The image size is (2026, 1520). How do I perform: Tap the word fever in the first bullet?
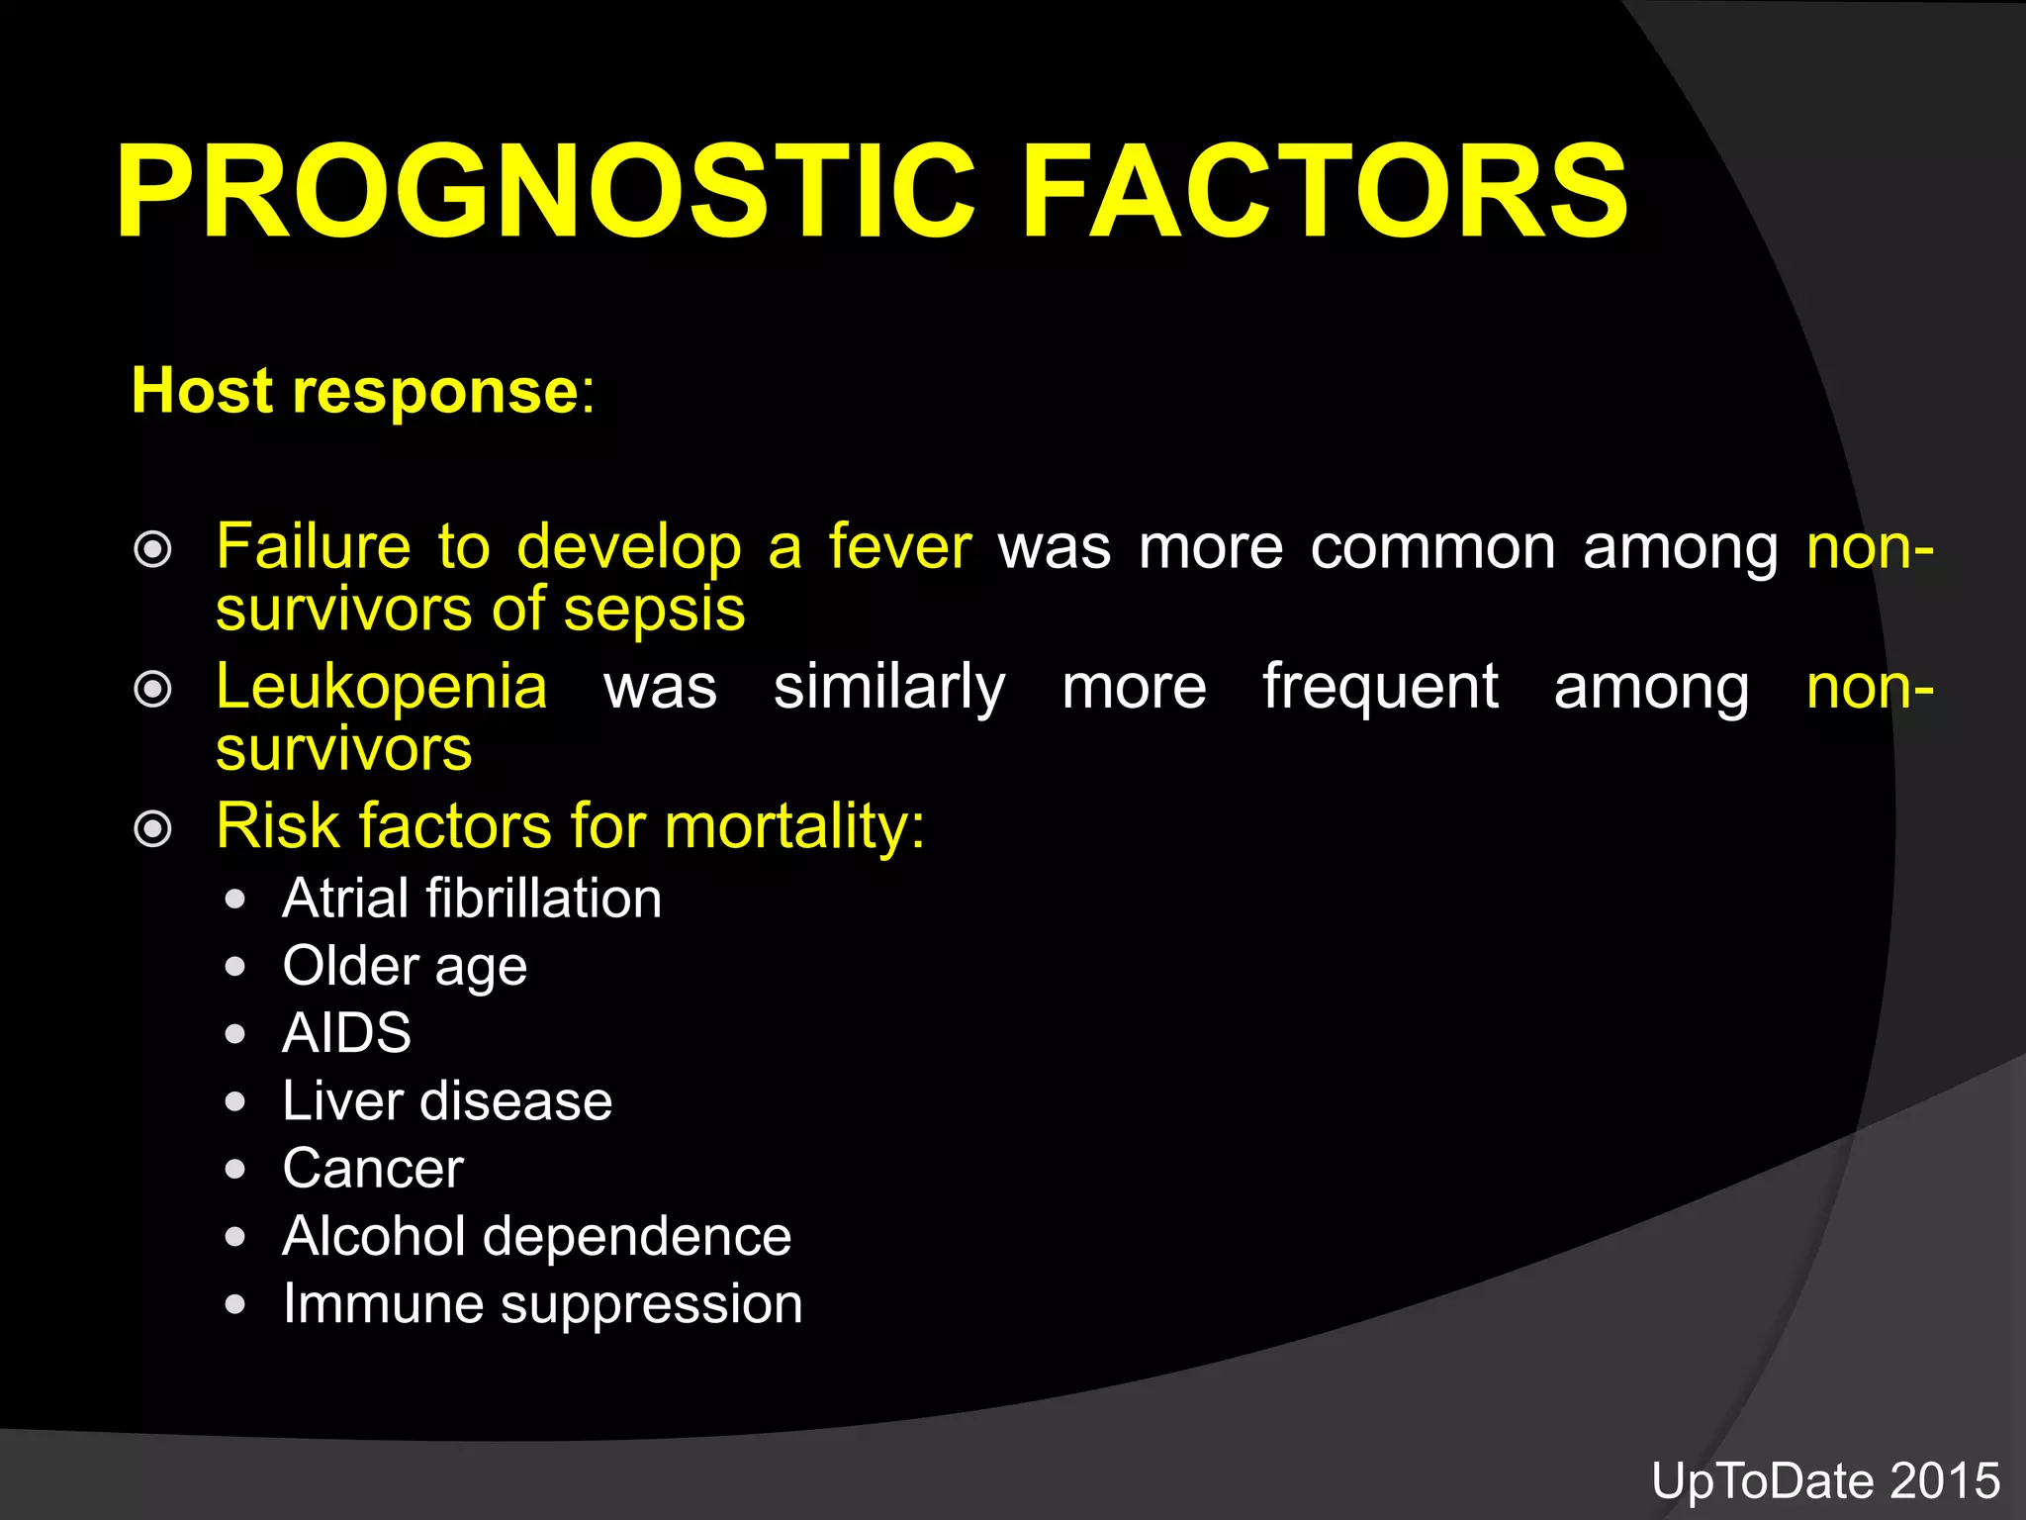pyautogui.click(x=900, y=546)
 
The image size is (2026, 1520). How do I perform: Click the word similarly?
pyautogui.click(x=888, y=688)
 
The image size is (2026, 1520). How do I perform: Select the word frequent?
pyautogui.click(x=1380, y=688)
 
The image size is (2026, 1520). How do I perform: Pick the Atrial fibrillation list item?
pyautogui.click(x=472, y=899)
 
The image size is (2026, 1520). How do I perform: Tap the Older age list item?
pyautogui.click(x=405, y=966)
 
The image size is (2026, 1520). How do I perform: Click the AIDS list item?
pyautogui.click(x=346, y=1033)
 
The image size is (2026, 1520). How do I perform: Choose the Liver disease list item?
pyautogui.click(x=447, y=1100)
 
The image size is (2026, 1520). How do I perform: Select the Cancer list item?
pyautogui.click(x=373, y=1169)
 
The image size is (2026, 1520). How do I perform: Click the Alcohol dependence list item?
pyautogui.click(x=536, y=1236)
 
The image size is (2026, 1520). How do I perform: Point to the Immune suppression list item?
pyautogui.click(x=542, y=1303)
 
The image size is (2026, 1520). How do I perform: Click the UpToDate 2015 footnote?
pyautogui.click(x=1825, y=1481)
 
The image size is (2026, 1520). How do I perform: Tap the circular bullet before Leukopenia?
pyautogui.click(x=152, y=689)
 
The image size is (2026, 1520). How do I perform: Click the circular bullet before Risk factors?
pyautogui.click(x=152, y=828)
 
